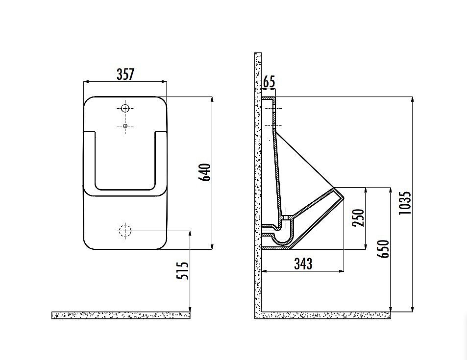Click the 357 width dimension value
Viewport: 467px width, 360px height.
click(125, 74)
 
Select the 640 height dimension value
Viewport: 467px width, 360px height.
click(206, 172)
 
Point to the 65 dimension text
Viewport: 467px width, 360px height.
click(269, 82)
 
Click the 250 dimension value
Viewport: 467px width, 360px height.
click(359, 217)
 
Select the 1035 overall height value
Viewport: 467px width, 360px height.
click(405, 203)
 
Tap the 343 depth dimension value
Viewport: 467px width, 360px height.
click(303, 264)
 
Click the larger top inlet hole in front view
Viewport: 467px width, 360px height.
click(125, 108)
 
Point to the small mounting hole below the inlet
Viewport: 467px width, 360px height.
click(125, 126)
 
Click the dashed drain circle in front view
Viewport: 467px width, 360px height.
click(125, 230)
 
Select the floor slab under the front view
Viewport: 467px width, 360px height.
click(121, 315)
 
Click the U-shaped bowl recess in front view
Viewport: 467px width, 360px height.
click(125, 162)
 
